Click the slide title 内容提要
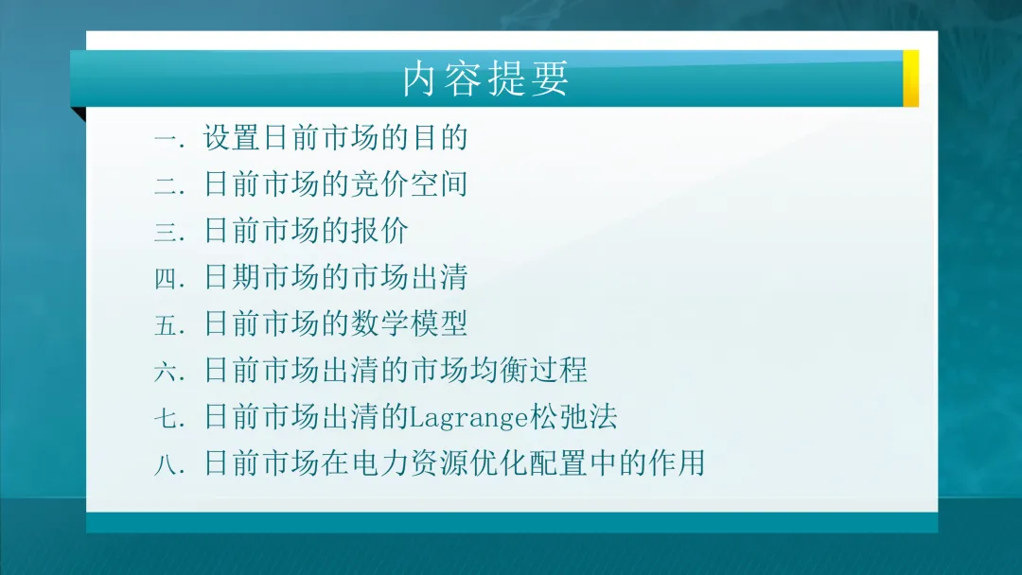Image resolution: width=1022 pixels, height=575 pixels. (x=485, y=79)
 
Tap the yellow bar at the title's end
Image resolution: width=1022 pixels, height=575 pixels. (x=910, y=78)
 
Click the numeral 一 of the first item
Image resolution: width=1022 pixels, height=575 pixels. (x=166, y=139)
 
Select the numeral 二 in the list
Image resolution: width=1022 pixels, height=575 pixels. (x=166, y=185)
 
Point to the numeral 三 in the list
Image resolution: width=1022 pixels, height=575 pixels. (x=166, y=232)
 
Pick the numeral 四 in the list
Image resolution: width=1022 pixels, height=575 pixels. (x=166, y=278)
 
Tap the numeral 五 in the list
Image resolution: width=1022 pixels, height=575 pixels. (x=166, y=324)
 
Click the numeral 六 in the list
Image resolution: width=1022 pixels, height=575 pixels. (x=166, y=371)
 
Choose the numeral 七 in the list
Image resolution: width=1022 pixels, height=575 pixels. (x=166, y=417)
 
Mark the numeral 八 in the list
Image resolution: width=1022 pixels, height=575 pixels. (x=166, y=464)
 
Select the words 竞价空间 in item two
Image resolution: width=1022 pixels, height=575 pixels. (x=410, y=184)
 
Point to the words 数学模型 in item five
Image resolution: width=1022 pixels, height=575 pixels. (x=410, y=323)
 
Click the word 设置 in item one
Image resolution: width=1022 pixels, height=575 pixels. (x=232, y=138)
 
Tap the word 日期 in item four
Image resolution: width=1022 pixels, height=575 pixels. (x=232, y=277)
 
